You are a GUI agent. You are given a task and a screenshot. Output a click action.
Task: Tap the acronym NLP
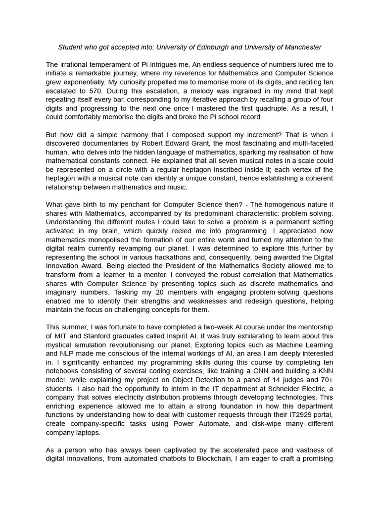(69, 362)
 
